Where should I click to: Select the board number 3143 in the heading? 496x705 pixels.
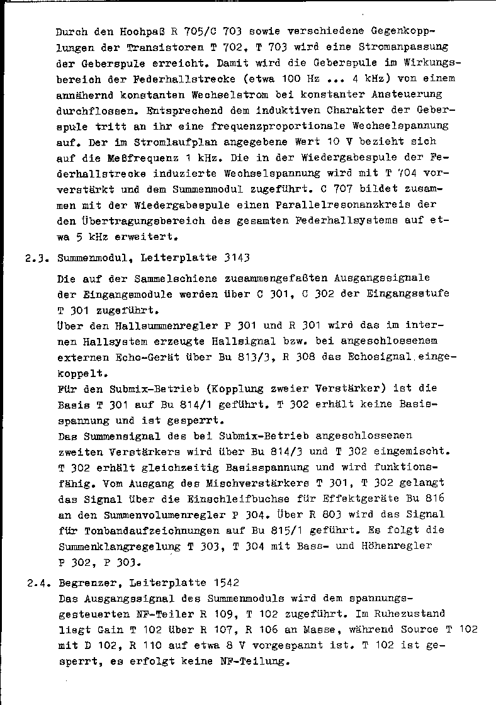click(x=237, y=257)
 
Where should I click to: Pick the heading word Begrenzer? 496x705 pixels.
click(x=84, y=583)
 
